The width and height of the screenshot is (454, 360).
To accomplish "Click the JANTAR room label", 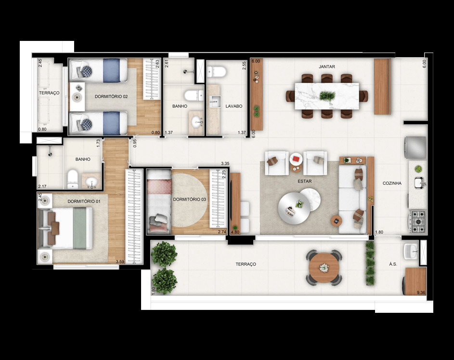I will pyautogui.click(x=326, y=66).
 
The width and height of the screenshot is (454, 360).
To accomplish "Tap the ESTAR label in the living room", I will pyautogui.click(x=304, y=181).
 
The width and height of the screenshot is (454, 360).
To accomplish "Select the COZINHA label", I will pyautogui.click(x=392, y=183).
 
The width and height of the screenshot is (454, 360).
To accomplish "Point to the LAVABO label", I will pyautogui.click(x=233, y=106).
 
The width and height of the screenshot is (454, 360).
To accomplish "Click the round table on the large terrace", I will pyautogui.click(x=324, y=268).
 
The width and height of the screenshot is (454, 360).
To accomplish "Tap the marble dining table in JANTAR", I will pyautogui.click(x=327, y=96).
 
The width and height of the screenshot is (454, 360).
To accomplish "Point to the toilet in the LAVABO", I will pyautogui.click(x=217, y=72).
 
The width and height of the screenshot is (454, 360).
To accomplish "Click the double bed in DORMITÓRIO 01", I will pyautogui.click(x=67, y=228).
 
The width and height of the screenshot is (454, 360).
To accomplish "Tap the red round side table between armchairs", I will pyautogui.click(x=296, y=158).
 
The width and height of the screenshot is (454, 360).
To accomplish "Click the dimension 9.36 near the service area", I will pyautogui.click(x=420, y=292).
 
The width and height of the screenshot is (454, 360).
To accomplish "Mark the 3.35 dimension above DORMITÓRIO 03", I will pyautogui.click(x=224, y=164).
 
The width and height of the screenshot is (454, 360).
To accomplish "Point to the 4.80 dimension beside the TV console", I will pyautogui.click(x=235, y=232).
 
